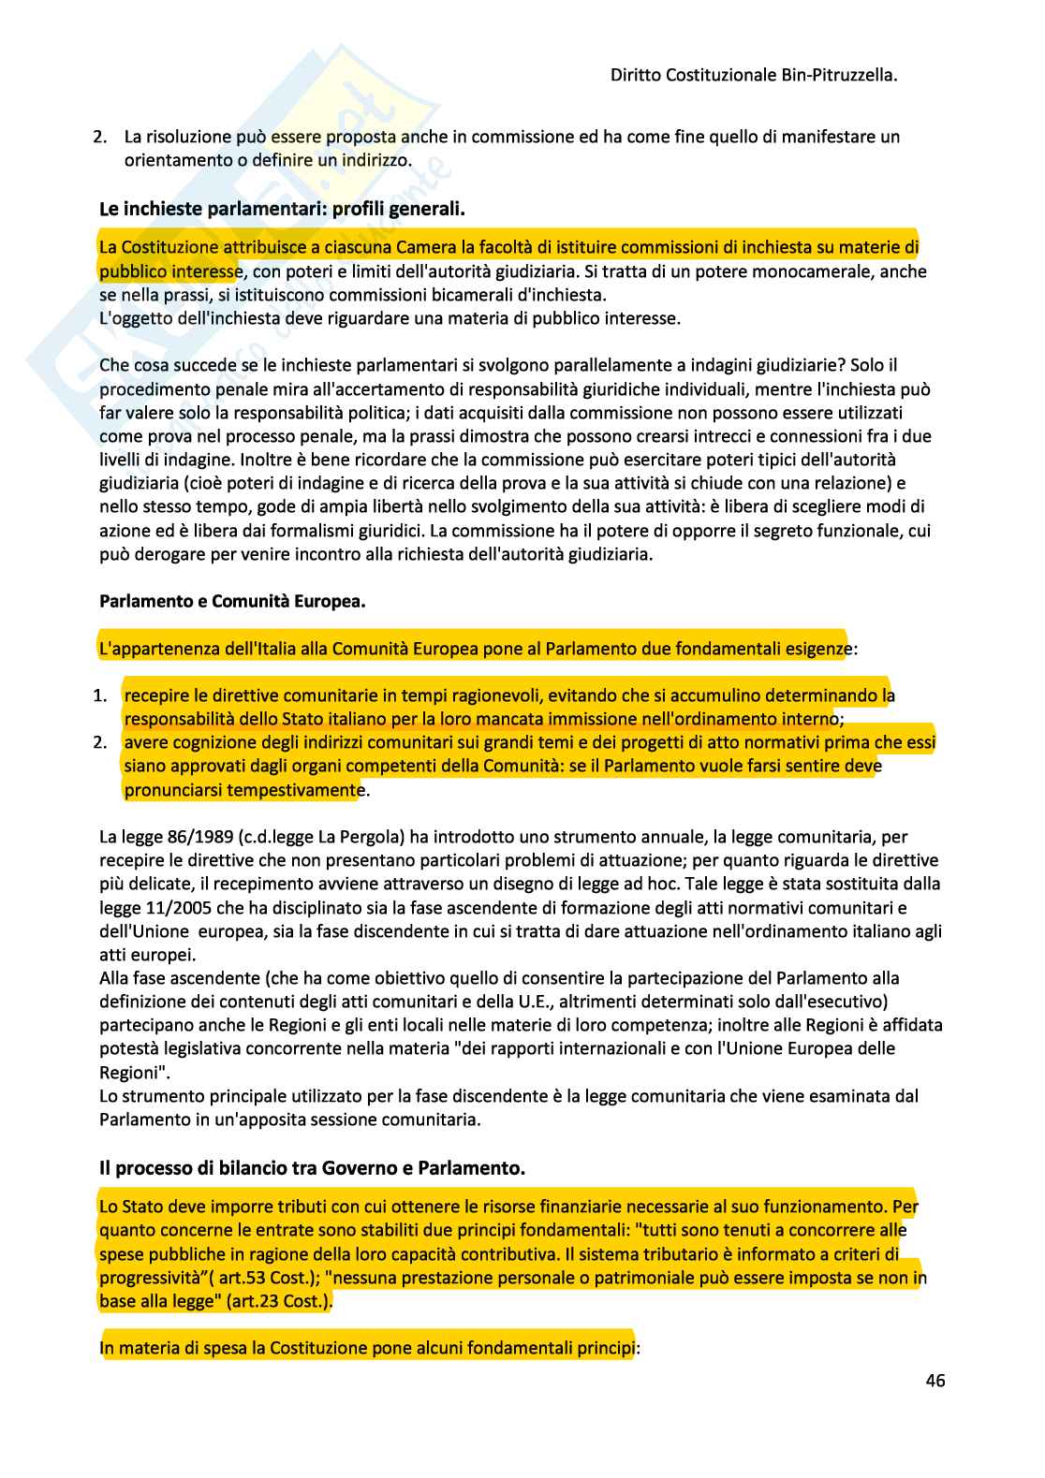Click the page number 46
click(935, 1381)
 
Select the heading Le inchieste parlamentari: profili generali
click(282, 209)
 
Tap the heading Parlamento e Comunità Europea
click(232, 602)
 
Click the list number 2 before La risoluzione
click(100, 137)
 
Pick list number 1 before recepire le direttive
click(100, 696)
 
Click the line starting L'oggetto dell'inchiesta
click(390, 318)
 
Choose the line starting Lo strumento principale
click(508, 1095)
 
